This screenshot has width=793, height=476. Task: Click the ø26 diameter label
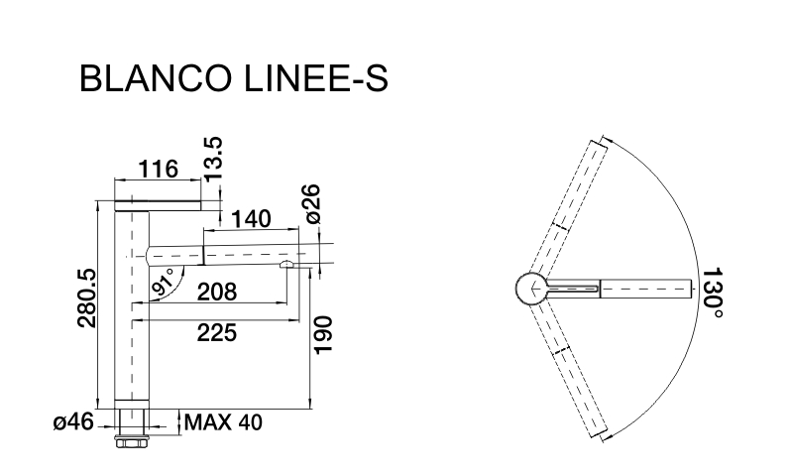point(311,204)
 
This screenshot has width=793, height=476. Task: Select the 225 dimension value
point(217,333)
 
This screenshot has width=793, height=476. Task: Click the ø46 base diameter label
point(72,422)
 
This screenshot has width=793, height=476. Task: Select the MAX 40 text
point(224,422)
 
